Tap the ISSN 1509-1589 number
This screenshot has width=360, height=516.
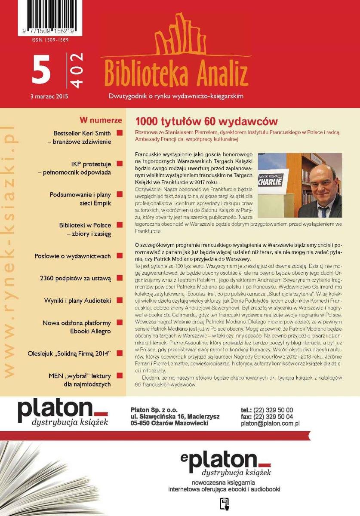[x=50, y=40]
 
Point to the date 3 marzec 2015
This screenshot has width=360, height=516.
[x=49, y=96]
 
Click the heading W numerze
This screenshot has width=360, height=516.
[x=101, y=120]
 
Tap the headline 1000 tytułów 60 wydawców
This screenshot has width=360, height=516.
[x=206, y=122]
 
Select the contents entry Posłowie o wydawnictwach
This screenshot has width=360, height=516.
[x=72, y=256]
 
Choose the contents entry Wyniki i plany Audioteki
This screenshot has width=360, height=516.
[x=77, y=301]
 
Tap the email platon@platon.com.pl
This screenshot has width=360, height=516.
[x=270, y=424]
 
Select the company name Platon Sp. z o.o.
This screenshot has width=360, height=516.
[x=154, y=410]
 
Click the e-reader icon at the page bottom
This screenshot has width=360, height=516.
[x=224, y=504]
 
